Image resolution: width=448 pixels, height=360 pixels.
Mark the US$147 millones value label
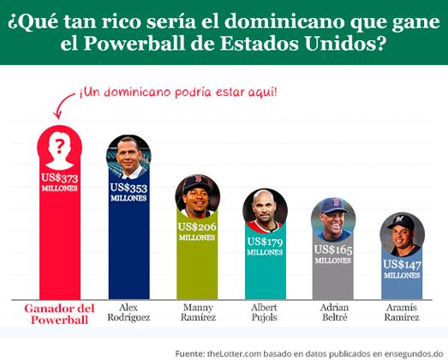[x=402, y=268]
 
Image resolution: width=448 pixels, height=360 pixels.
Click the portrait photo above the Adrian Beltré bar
[x=333, y=220]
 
